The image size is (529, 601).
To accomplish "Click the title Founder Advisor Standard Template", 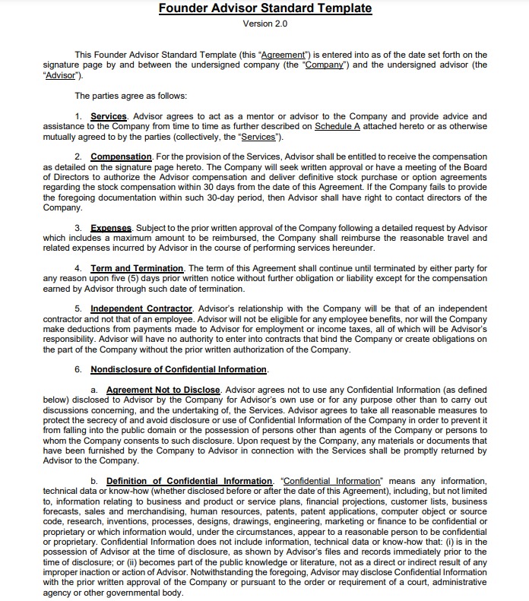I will pos(265,8).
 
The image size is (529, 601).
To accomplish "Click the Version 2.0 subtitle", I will pos(264,24).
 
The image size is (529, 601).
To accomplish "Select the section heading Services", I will pos(108,116).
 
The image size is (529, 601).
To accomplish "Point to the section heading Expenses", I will pos(111,228).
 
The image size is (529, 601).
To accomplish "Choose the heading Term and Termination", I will pos(137,269).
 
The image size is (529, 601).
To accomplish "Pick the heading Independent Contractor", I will pos(142,309).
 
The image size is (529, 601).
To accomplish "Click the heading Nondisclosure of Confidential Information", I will pos(179,370).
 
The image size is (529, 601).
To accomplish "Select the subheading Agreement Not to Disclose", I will pos(163,390).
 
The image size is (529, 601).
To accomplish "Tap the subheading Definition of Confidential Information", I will pos(189,481).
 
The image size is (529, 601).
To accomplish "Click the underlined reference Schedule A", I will pos(337,126).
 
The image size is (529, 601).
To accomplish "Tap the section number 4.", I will pos(78,269).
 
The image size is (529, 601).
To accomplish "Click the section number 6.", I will pos(78,370).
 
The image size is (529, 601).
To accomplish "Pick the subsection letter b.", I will pos(94,481).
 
